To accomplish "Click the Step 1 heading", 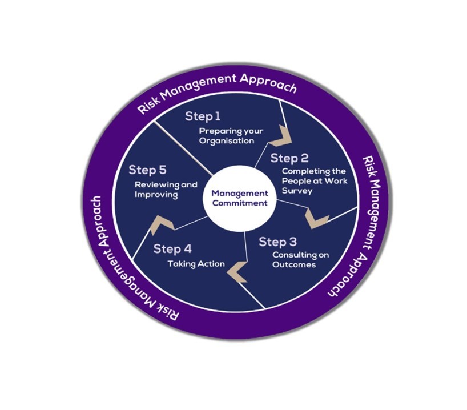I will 203,116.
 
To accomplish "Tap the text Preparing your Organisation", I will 231,135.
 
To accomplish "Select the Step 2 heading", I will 289,158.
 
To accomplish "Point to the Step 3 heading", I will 277,242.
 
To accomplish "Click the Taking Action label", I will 196,264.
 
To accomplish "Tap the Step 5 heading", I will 147,170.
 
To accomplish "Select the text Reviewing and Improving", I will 166,190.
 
